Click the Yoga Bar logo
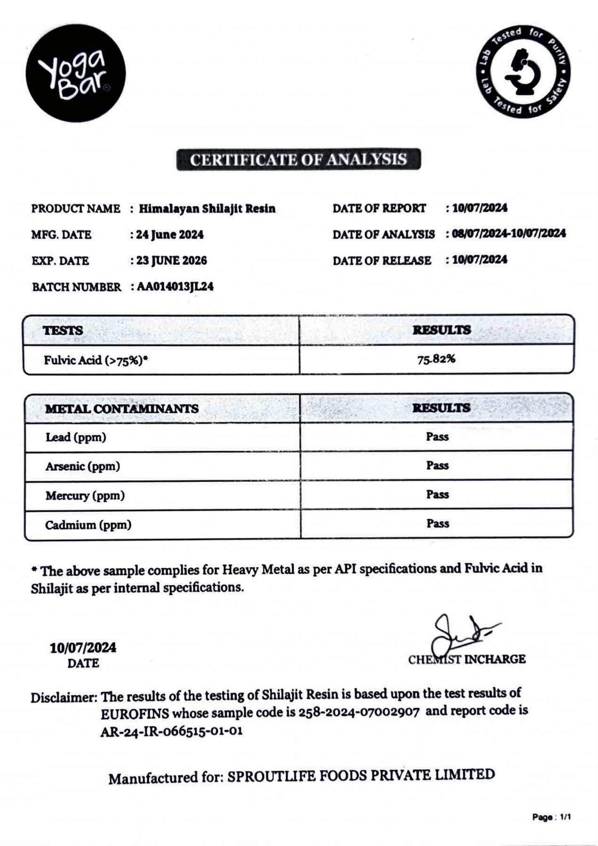point(76,73)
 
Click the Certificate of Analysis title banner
point(298,160)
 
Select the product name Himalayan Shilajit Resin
point(207,209)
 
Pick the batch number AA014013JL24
point(175,287)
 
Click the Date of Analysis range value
point(509,234)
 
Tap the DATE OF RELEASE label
point(382,261)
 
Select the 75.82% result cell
point(436,359)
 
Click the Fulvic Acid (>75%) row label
point(96,360)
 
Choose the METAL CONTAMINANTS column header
point(122,409)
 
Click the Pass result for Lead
point(437,437)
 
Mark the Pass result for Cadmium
point(437,524)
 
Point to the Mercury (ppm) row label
point(85,496)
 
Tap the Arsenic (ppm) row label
point(82,467)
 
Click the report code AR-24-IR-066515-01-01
point(171,731)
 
